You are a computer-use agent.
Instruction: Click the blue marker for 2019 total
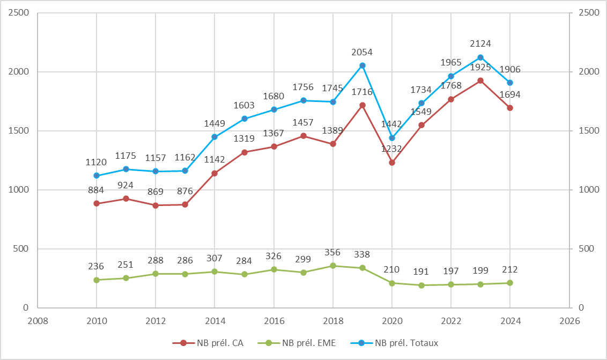(362, 65)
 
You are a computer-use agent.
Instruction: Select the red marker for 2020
(392, 163)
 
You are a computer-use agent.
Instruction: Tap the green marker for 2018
(333, 266)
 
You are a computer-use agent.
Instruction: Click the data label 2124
(480, 43)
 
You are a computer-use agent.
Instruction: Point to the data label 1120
(97, 161)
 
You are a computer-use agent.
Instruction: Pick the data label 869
(156, 192)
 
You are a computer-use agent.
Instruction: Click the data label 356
(333, 252)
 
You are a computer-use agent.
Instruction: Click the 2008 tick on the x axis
(37, 321)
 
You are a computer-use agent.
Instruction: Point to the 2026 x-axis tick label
(569, 321)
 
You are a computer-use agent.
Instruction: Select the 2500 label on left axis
(18, 13)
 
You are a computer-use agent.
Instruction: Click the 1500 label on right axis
(588, 131)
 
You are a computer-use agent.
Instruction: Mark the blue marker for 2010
(97, 175)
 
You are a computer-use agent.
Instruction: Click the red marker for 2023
(480, 80)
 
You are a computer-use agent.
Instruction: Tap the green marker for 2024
(510, 283)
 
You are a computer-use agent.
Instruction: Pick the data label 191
(421, 271)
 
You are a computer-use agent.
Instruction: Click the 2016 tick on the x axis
(274, 321)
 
